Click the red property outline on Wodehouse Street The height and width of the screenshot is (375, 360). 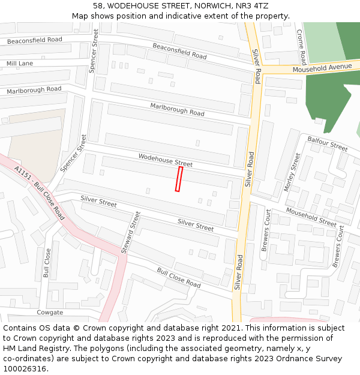point(179,179)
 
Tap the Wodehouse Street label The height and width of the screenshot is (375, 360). point(166,160)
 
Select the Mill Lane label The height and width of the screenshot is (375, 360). point(20,63)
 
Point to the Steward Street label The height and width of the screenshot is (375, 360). point(131,232)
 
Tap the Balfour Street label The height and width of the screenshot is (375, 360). point(328,143)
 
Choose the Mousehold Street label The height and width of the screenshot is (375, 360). point(311,217)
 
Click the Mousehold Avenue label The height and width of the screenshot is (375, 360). point(322,68)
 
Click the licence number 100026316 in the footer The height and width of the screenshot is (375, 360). point(25,368)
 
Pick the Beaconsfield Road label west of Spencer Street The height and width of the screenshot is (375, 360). point(34,40)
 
